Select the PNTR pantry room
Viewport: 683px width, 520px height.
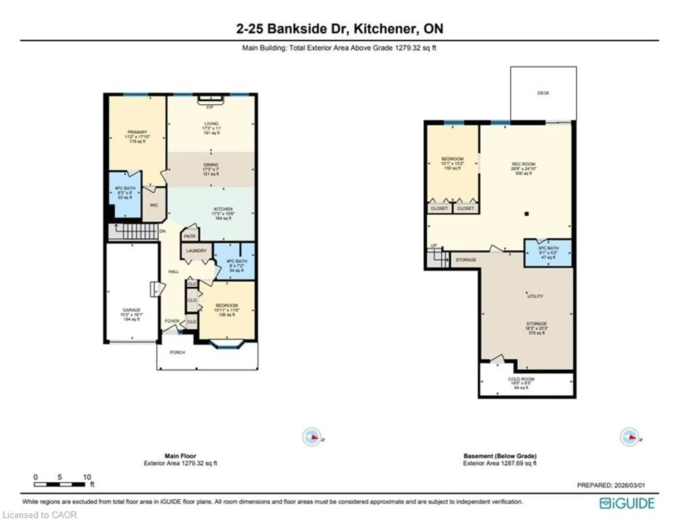coord(190,236)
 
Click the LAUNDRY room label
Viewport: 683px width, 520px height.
coord(196,250)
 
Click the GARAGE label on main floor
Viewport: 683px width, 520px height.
coord(131,310)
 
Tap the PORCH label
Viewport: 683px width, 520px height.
coord(177,352)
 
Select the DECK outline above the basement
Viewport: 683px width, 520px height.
coord(543,93)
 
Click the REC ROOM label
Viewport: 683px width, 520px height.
coord(523,164)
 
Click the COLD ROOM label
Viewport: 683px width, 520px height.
coord(521,379)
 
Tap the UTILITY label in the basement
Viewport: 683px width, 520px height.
coord(535,296)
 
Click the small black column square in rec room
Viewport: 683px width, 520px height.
coord(527,214)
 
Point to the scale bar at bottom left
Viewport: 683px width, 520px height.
coord(59,484)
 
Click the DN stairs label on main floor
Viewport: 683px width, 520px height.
coord(162,231)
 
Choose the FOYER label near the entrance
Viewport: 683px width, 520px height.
coord(172,321)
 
